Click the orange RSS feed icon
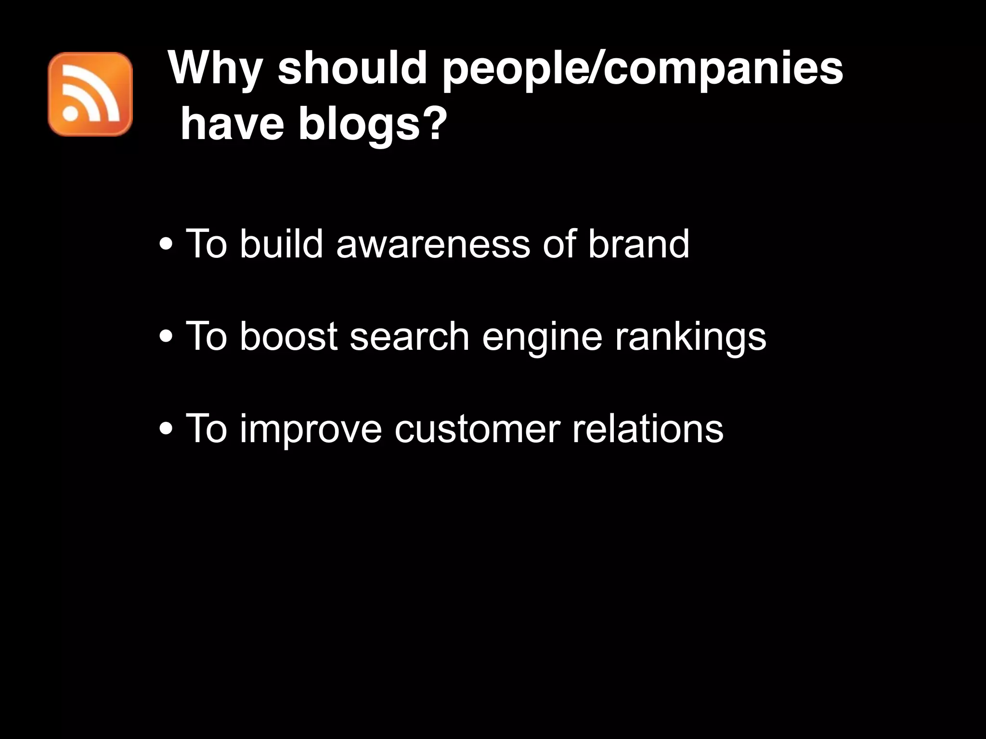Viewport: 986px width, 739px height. tap(90, 94)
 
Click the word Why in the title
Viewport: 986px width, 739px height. tap(215, 68)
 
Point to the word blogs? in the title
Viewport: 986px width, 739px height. tap(370, 124)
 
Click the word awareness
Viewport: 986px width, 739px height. tap(433, 244)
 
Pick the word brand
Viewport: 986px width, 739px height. tap(638, 244)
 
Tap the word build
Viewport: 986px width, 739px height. tap(281, 244)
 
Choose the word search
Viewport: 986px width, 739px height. tap(409, 336)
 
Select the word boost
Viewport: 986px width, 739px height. tap(288, 336)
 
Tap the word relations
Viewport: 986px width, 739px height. tap(648, 428)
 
